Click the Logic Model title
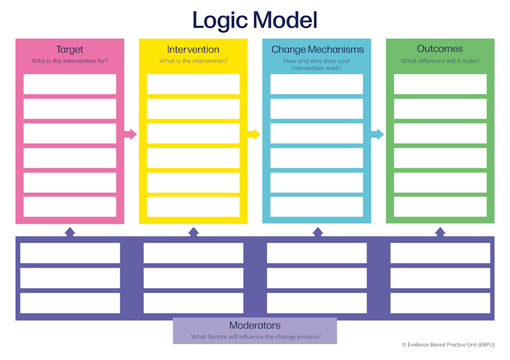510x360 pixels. pos(254,20)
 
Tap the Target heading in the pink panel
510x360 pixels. pos(69,50)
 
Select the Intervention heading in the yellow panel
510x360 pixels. pos(193,50)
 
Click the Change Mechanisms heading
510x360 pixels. pos(317,50)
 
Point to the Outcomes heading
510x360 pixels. pos(440,49)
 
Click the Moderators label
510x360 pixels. pos(254,325)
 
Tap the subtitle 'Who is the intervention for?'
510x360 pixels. pos(69,61)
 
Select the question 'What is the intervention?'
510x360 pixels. pos(193,61)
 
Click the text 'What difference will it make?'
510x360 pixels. pos(440,61)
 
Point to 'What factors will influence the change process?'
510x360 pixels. pos(256,337)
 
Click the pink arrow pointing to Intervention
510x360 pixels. pos(131,134)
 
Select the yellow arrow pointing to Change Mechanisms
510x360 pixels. pos(254,134)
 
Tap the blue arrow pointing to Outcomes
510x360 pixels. pos(377,134)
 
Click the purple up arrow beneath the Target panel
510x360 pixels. pos(69,232)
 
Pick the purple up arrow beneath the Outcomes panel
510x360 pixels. pos(440,232)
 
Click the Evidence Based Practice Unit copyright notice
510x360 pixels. pos(449,345)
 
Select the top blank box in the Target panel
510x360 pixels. pos(69,84)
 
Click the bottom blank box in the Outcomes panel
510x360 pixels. pos(440,206)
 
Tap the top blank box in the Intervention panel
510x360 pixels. pos(193,84)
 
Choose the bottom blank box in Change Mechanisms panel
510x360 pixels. pos(316,206)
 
